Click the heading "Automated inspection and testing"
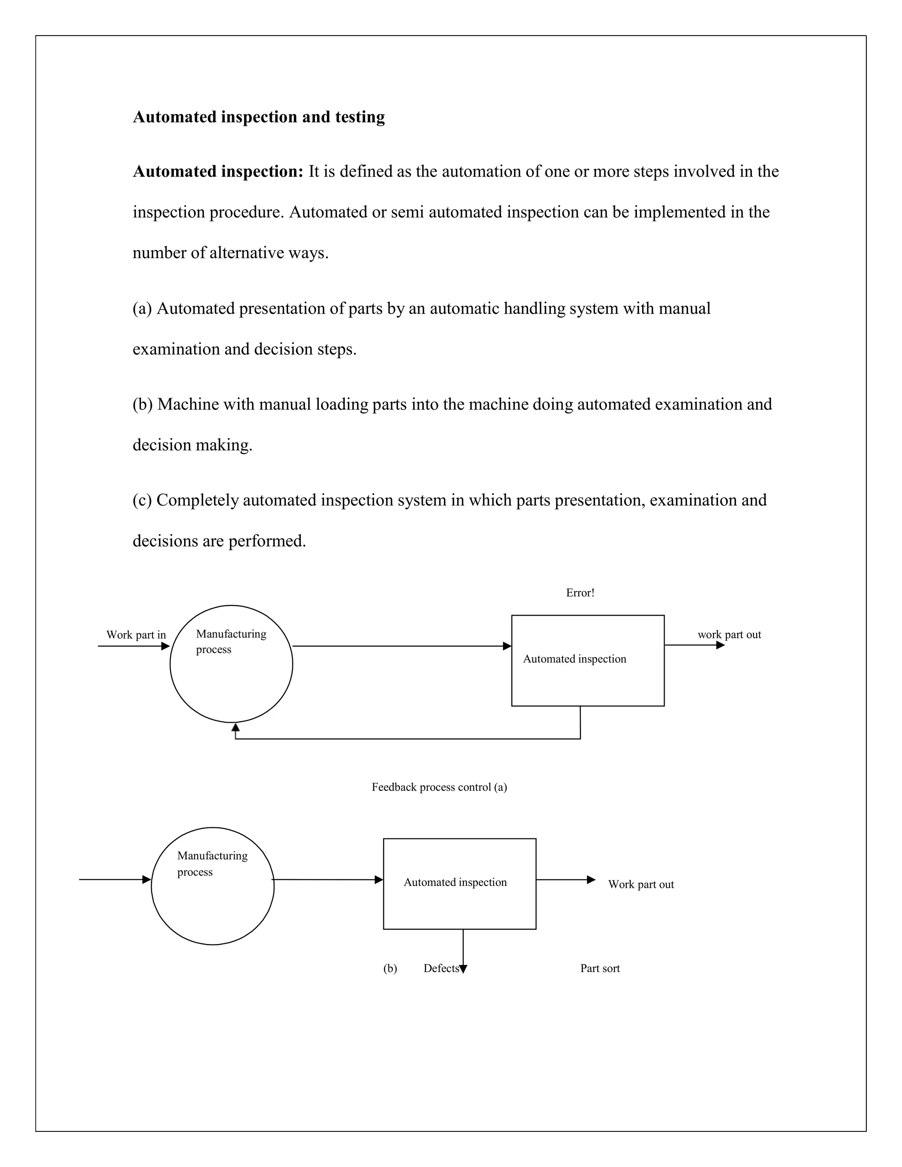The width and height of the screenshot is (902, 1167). (259, 117)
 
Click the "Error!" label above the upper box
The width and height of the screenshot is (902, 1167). (580, 593)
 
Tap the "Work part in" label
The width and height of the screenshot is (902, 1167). (136, 635)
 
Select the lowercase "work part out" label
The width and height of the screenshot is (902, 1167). (729, 635)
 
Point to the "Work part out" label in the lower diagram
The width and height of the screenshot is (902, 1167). (641, 884)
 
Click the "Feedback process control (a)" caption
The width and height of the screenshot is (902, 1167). (439, 787)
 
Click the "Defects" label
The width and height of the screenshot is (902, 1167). (441, 968)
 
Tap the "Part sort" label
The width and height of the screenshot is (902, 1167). (599, 968)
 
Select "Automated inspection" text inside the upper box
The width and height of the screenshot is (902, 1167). (574, 659)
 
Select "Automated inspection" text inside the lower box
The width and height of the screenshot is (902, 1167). (455, 882)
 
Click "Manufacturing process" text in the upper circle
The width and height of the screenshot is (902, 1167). (230, 641)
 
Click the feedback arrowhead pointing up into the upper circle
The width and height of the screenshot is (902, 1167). (236, 727)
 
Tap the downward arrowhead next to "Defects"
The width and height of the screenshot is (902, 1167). (463, 969)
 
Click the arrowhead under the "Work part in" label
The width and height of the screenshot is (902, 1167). (165, 646)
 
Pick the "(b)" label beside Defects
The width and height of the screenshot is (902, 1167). (390, 968)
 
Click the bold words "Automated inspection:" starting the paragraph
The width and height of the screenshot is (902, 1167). (218, 171)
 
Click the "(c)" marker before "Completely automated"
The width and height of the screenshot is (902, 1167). (142, 500)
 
